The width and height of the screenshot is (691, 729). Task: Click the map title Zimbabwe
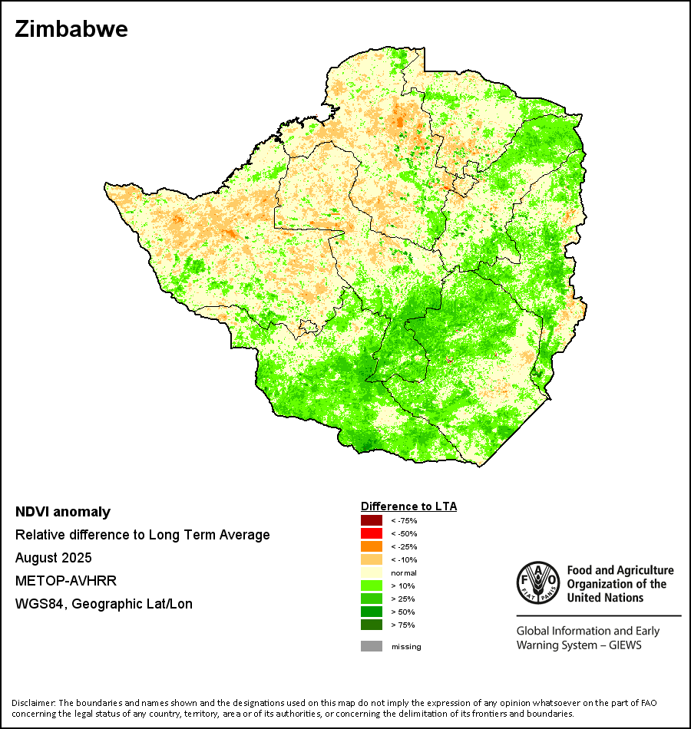[x=71, y=30]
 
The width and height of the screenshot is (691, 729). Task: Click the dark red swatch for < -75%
[x=371, y=521]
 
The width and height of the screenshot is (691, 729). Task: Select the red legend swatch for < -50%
[x=371, y=534]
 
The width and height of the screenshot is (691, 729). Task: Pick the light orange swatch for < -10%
[x=371, y=560]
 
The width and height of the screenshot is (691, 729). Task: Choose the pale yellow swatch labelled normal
[x=371, y=573]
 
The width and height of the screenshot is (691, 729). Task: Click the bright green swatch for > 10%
[x=371, y=586]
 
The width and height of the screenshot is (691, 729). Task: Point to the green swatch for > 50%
[x=371, y=612]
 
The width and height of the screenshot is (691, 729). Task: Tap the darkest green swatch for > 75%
[x=371, y=625]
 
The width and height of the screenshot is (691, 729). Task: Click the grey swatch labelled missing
[x=371, y=646]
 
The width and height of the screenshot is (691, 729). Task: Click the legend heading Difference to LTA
[x=408, y=506]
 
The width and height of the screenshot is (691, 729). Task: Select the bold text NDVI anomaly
[x=63, y=512]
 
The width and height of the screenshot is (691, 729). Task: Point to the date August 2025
[x=54, y=558]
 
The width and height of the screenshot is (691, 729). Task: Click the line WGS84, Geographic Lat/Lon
[x=104, y=604]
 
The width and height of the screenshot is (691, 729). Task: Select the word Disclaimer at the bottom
[x=32, y=703]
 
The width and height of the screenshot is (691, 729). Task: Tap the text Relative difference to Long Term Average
[x=143, y=535]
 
